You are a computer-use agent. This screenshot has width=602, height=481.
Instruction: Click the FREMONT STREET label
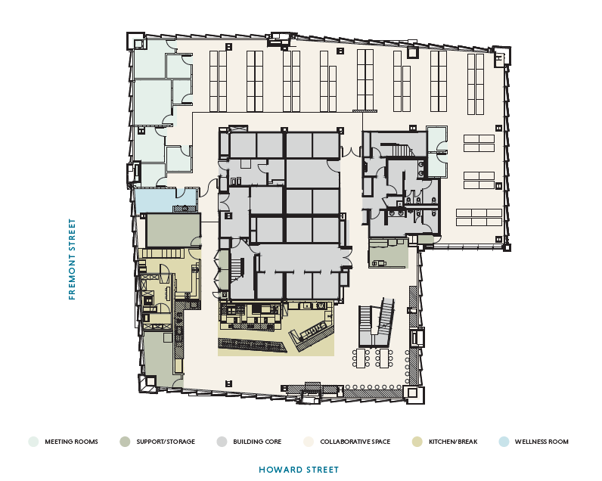(x=73, y=259)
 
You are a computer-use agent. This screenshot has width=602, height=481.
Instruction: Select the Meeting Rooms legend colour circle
(x=33, y=442)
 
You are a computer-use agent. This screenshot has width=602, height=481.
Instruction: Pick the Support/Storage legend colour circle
(x=125, y=442)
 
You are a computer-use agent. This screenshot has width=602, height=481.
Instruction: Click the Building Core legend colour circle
(x=221, y=442)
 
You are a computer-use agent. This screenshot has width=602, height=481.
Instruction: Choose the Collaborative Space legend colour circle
(x=308, y=442)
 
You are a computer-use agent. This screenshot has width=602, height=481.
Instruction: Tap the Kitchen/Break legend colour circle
(x=417, y=442)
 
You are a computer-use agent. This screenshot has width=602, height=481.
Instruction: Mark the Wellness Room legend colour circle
(x=503, y=442)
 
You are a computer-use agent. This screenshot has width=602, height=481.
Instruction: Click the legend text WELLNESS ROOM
(x=541, y=442)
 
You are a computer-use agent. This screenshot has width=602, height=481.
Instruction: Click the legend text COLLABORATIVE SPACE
(x=355, y=442)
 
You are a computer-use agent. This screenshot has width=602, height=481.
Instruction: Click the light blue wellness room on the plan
(x=155, y=200)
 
